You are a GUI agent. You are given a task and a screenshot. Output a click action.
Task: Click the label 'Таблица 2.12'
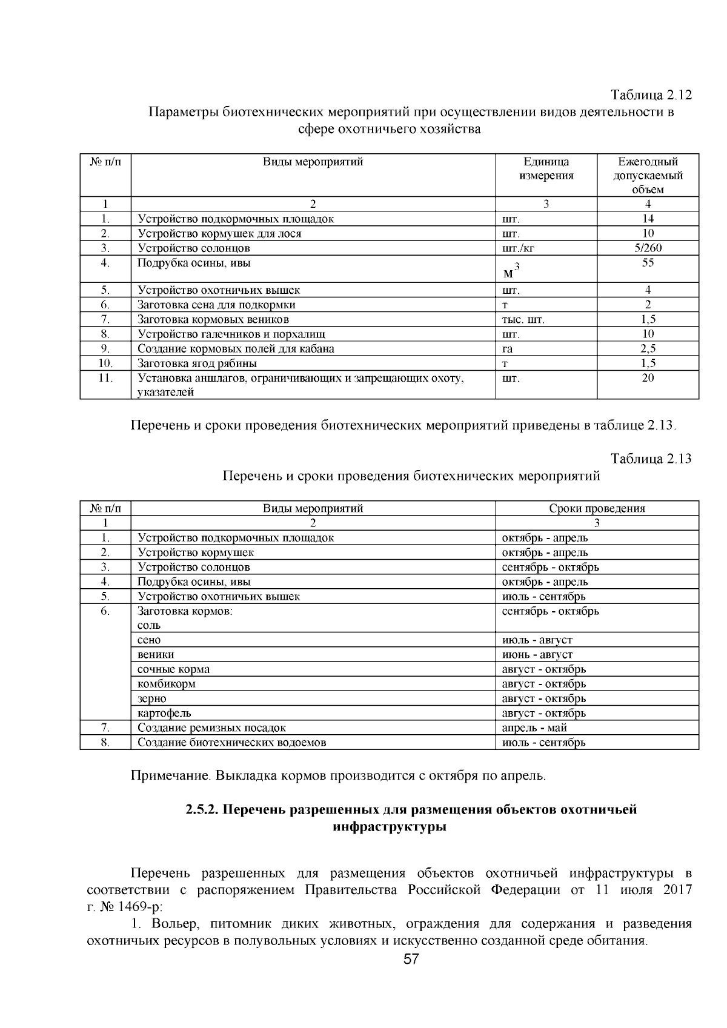click(x=651, y=96)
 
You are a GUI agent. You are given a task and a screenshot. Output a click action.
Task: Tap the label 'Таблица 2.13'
click(x=651, y=459)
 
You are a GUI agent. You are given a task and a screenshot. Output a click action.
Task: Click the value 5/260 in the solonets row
click(x=648, y=248)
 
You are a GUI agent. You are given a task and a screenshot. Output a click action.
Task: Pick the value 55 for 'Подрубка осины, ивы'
click(x=648, y=263)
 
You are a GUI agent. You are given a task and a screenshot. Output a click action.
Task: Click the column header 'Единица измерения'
click(x=546, y=169)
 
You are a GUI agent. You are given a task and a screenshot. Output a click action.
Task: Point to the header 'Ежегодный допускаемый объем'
click(x=648, y=176)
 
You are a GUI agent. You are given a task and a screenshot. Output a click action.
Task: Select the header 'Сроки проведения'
click(x=597, y=508)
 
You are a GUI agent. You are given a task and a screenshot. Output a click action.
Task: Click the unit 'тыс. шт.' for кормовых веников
click(x=523, y=319)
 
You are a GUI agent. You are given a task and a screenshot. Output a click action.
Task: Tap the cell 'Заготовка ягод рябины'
click(x=197, y=363)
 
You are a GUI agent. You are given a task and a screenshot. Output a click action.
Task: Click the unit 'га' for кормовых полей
click(x=508, y=349)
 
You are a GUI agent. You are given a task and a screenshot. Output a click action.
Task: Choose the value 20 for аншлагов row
click(x=648, y=378)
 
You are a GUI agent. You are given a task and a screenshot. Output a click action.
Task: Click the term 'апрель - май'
click(x=534, y=728)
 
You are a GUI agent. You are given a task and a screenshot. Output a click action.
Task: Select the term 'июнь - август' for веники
click(x=537, y=654)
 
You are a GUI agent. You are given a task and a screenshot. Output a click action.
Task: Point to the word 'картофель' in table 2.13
click(x=164, y=713)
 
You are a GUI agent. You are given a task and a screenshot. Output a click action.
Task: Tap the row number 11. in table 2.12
click(x=105, y=378)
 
